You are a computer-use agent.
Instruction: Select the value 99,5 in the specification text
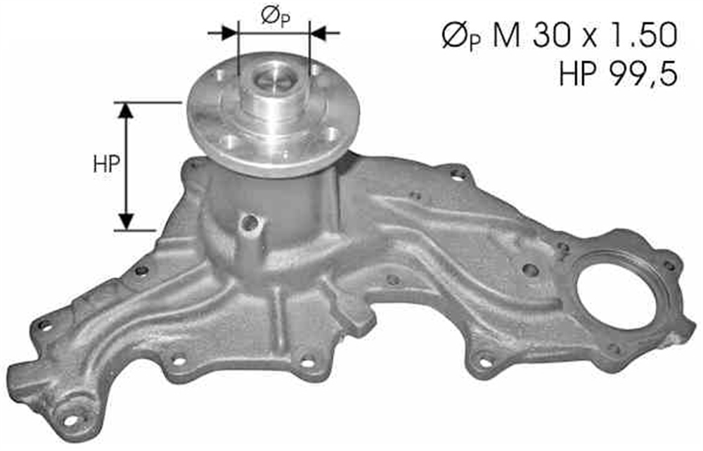(x=644, y=72)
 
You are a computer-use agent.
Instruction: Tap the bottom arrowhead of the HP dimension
(x=126, y=220)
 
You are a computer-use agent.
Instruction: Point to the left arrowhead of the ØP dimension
(x=229, y=32)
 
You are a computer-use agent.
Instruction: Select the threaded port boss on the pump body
(x=249, y=224)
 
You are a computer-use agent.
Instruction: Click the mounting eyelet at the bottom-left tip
(x=71, y=420)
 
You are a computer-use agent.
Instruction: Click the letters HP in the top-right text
(x=577, y=72)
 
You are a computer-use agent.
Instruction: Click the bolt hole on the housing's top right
(x=458, y=176)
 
